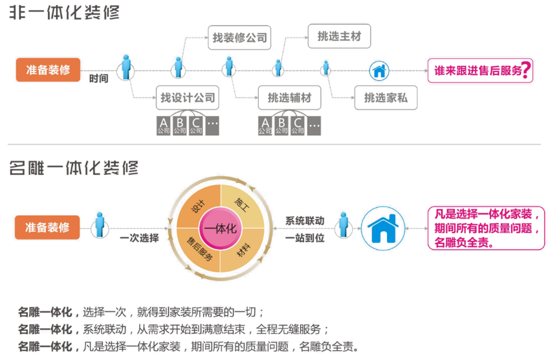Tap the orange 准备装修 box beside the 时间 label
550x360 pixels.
tap(48, 69)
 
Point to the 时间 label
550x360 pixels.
tap(98, 78)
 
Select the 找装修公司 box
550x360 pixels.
tap(239, 38)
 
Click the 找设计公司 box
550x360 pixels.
tap(187, 98)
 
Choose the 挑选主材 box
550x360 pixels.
tap(339, 36)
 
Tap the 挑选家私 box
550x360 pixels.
tap(386, 98)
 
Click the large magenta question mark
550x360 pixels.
tap(528, 70)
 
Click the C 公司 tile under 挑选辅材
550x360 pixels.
tap(298, 125)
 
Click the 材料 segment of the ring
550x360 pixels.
tap(243, 253)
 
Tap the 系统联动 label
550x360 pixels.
tap(305, 220)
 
